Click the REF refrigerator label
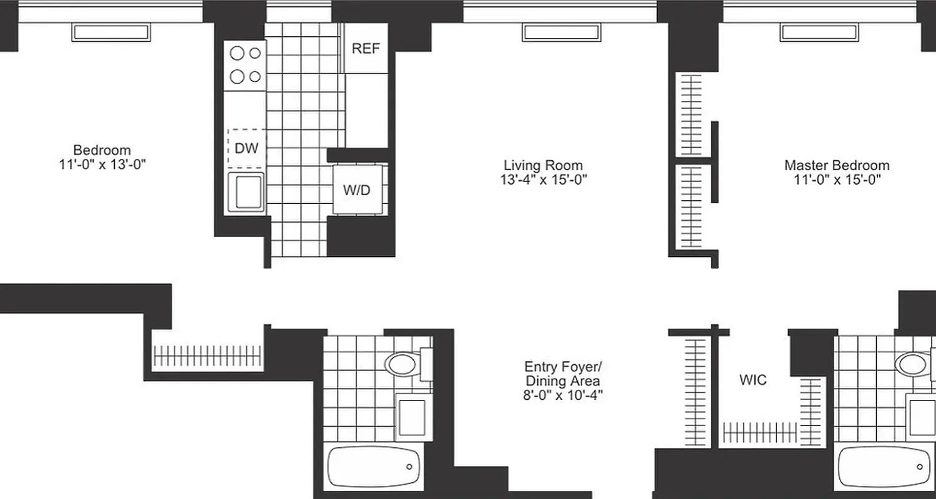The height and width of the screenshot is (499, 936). point(366,49)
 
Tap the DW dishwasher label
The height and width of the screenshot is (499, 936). point(246,148)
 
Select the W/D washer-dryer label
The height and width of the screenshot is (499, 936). point(356,190)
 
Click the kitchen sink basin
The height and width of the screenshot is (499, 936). point(245,191)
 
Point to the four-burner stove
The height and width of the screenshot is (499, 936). point(245,65)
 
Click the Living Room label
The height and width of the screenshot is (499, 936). point(543,165)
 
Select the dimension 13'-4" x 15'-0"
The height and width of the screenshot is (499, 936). point(543,180)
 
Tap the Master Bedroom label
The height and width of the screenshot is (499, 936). point(837,165)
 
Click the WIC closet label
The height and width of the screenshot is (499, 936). point(753,380)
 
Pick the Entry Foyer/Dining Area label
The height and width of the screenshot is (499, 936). point(563,374)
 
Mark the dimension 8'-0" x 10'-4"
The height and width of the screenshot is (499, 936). point(563,395)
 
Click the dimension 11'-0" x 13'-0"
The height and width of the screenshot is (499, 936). point(102,164)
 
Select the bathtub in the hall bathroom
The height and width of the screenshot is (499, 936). point(373,467)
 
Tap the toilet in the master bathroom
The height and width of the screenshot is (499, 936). point(913,363)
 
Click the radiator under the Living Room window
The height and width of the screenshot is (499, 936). point(561,32)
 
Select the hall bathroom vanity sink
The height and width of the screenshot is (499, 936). point(412,417)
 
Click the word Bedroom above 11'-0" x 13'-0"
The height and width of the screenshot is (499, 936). point(102,150)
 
